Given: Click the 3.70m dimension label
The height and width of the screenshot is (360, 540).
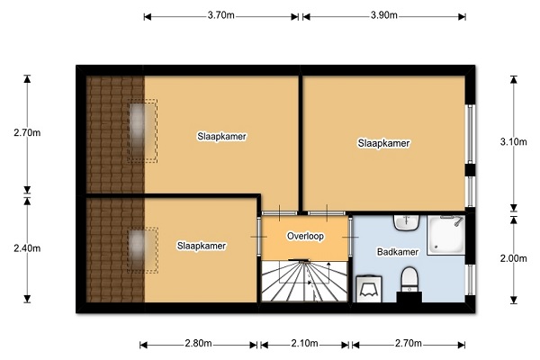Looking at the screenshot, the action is pos(220,15).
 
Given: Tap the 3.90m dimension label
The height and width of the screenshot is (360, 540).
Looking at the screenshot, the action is pos(384,15).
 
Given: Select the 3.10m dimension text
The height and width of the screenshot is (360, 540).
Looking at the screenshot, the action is pos(514,142).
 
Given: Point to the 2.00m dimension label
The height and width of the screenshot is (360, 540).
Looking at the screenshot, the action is pos(514,258).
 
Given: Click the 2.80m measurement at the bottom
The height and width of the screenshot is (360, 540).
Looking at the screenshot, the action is pos(198,344).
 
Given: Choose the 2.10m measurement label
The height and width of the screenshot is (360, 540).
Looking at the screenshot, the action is pos(305,344).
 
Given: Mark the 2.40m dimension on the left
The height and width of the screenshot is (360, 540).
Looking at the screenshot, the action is pos(27,248).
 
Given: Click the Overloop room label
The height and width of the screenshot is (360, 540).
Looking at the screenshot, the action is pos(305,237).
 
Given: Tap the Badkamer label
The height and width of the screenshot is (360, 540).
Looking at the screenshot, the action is pos(398,252).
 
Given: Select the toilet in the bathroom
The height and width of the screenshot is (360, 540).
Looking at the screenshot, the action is pos(409,280).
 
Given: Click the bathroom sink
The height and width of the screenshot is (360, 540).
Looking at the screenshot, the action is pos(407,222).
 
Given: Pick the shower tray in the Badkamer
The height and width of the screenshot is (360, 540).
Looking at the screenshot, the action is pos(446,235).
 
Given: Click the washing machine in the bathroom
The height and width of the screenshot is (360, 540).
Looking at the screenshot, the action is pos(369,289).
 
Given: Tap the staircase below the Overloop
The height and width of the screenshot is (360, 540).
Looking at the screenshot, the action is pos(304,281).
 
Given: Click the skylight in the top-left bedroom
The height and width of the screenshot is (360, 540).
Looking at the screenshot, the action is pos(142,130).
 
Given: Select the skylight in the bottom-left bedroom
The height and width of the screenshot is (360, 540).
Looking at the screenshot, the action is pos(142,250).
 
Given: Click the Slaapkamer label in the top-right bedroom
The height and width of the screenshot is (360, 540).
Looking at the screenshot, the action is pos(383,143).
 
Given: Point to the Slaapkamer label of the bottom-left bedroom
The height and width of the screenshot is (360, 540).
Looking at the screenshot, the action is pos(202,246).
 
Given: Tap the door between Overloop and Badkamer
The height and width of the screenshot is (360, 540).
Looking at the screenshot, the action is pos(351,237).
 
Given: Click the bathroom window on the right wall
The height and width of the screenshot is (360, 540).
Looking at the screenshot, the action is pos(471,280).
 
